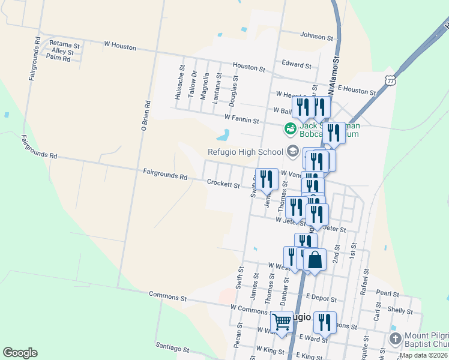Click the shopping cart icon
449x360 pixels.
click(282, 322)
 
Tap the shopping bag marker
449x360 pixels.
click(315, 260)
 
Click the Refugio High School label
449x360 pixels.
click(246, 152)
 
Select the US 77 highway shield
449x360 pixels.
click(391, 80)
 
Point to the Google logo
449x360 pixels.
click(20, 353)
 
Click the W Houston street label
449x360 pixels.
click(120, 46)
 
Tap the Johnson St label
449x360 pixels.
click(316, 37)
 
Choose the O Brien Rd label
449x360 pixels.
click(145, 116)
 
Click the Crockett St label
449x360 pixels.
click(223, 184)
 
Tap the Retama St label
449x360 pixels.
click(60, 44)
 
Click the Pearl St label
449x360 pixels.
click(388, 293)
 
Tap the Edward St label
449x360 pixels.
click(297, 63)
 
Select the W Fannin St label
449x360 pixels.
click(241, 120)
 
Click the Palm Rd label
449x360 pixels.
click(58, 58)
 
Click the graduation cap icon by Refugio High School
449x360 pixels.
click(292, 151)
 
